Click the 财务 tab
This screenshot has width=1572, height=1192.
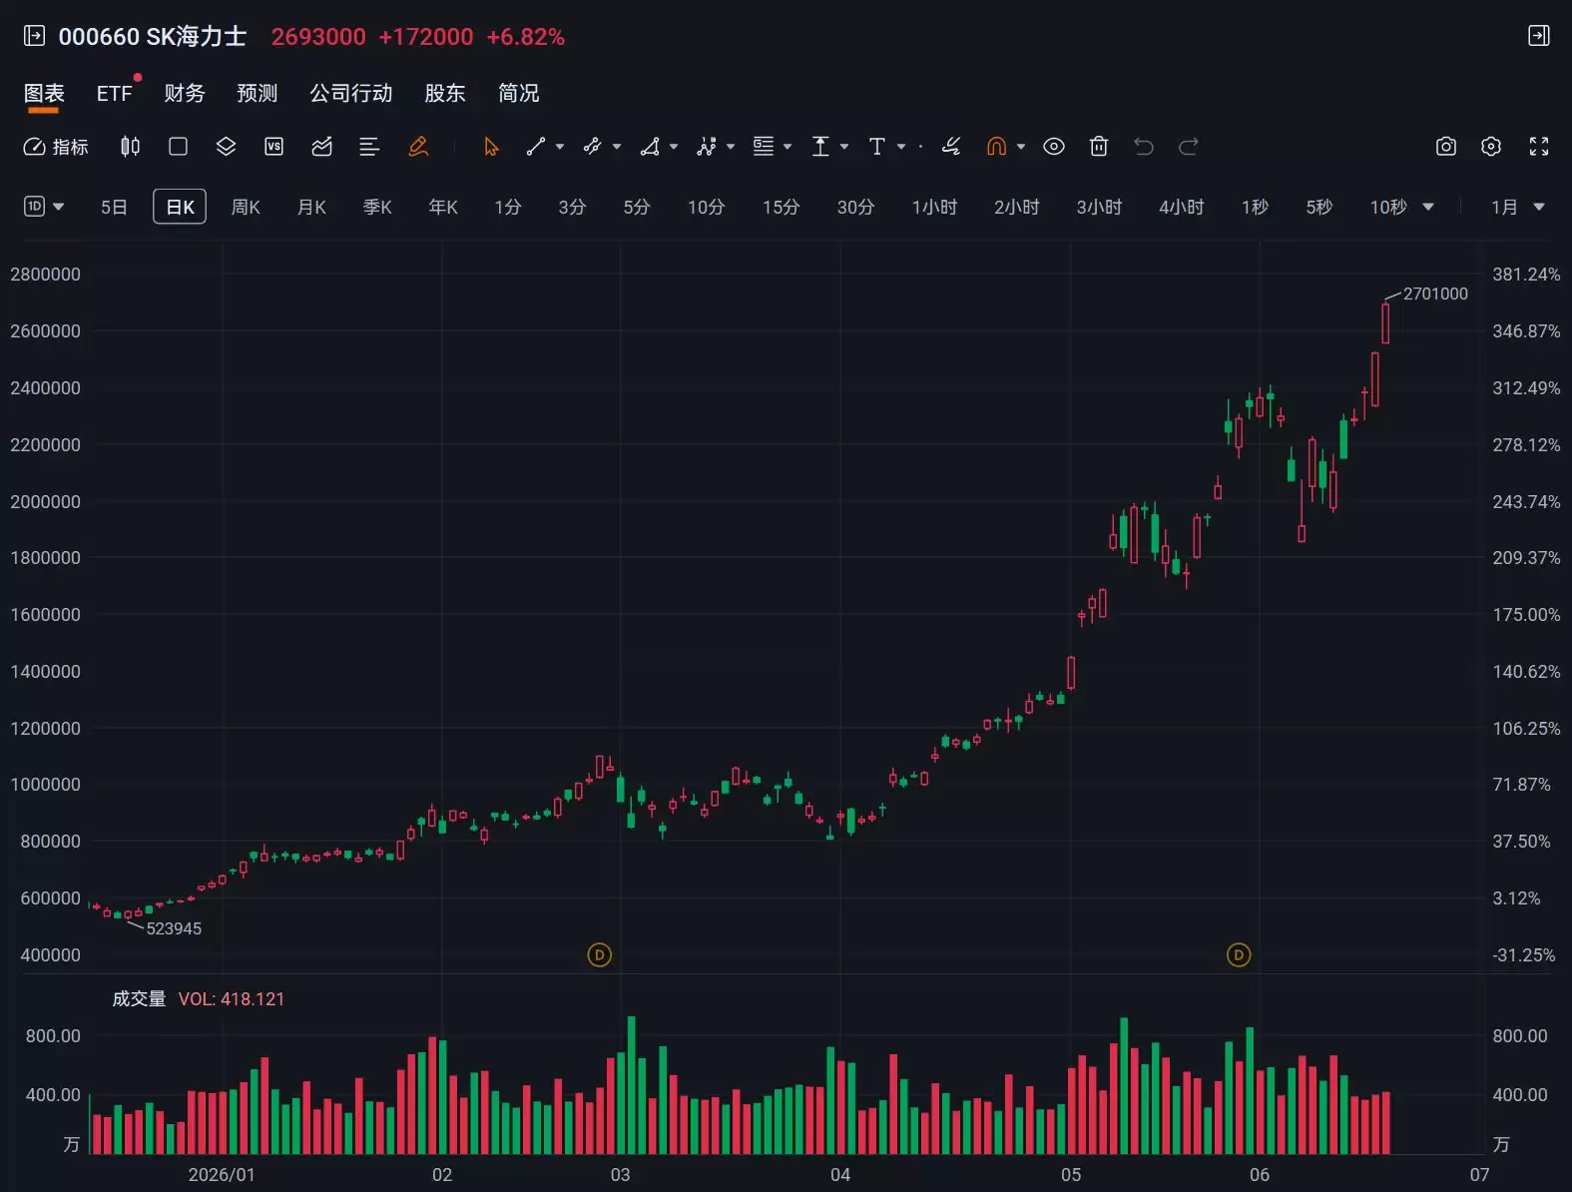pyautogui.click(x=184, y=93)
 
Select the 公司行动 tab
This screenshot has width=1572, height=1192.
pyautogui.click(x=351, y=93)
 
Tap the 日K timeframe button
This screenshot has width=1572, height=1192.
pyautogui.click(x=180, y=207)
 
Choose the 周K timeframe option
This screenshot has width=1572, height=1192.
pyautogui.click(x=246, y=207)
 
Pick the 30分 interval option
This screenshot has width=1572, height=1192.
pyautogui.click(x=855, y=207)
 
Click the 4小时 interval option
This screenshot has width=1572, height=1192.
pyautogui.click(x=1182, y=207)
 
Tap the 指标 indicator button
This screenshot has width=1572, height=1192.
pyautogui.click(x=56, y=147)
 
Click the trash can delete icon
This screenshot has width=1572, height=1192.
pyautogui.click(x=1099, y=147)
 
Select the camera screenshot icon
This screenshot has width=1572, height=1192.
pyautogui.click(x=1446, y=147)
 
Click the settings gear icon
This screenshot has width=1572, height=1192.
pyautogui.click(x=1491, y=147)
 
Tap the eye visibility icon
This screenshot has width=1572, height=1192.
pyautogui.click(x=1054, y=147)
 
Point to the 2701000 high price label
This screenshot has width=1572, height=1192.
pyautogui.click(x=1435, y=294)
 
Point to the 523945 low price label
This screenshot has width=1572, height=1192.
pyautogui.click(x=174, y=928)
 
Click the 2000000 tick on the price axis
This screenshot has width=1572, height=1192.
pyautogui.click(x=45, y=501)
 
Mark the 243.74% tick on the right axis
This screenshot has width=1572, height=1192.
pyautogui.click(x=1526, y=501)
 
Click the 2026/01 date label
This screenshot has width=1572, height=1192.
pyautogui.click(x=222, y=1175)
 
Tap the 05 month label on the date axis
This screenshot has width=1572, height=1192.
pyautogui.click(x=1071, y=1175)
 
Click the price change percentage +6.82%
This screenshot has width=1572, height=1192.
pyautogui.click(x=526, y=37)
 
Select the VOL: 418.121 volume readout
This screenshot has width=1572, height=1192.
pyautogui.click(x=232, y=999)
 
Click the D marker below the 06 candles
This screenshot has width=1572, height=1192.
pyautogui.click(x=1239, y=954)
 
